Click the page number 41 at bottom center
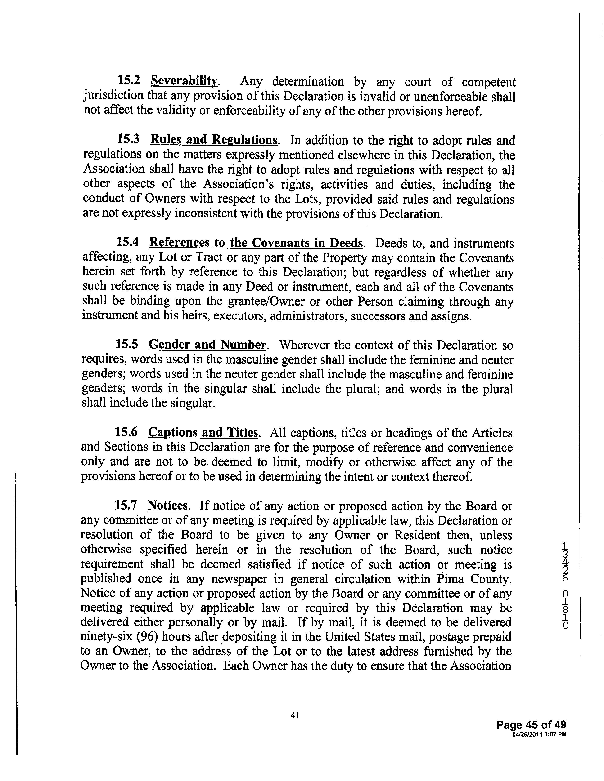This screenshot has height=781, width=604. pos(295,715)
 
